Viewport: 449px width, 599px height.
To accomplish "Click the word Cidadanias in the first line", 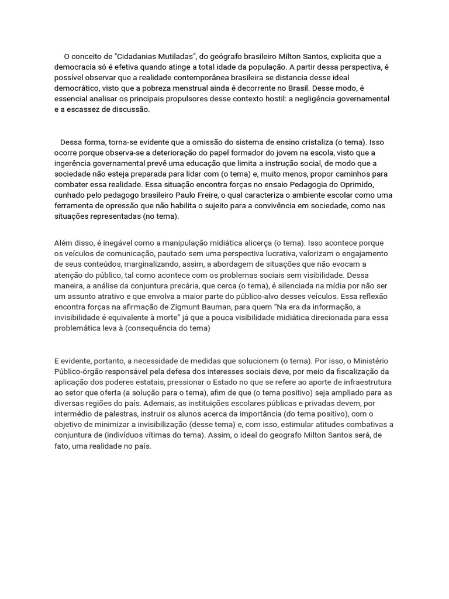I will pyautogui.click(x=139, y=57).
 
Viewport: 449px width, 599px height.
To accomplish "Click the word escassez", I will pyautogui.click(x=83, y=109).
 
